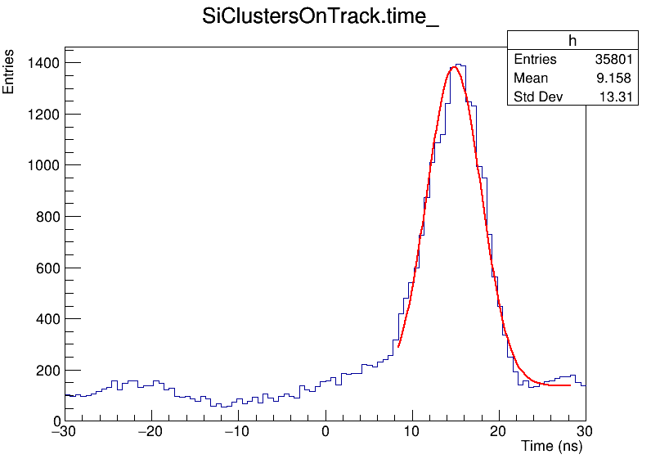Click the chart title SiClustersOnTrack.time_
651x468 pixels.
point(321,18)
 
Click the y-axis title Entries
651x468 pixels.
point(9,72)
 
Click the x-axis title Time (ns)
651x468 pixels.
point(551,448)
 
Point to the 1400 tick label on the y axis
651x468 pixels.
point(41,63)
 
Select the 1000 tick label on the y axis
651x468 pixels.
point(41,165)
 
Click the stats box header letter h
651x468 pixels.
point(572,41)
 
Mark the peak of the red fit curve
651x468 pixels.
point(454,67)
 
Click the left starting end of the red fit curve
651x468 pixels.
point(398,347)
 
